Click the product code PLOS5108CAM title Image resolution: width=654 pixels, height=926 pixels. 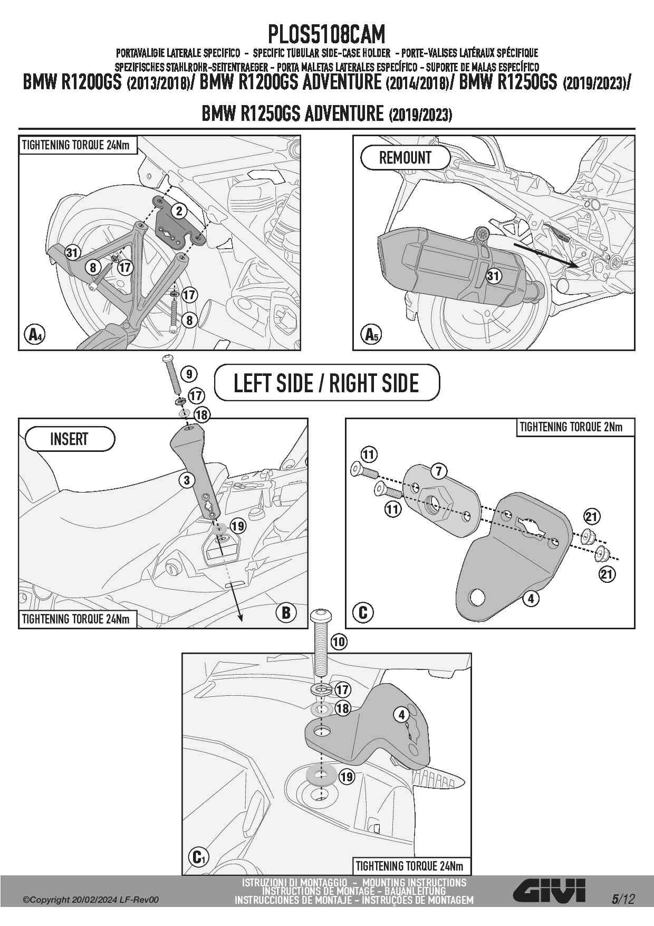tap(326, 35)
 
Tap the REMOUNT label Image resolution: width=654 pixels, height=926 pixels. tap(405, 157)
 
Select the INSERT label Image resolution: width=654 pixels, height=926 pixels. tap(69, 439)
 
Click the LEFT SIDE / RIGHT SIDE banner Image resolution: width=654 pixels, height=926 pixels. tap(326, 383)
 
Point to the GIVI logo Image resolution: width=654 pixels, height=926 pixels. tap(549, 891)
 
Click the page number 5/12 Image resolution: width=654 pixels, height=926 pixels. tap(623, 899)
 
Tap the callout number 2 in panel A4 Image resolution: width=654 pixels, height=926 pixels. tap(179, 211)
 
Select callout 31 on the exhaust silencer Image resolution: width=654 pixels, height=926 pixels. tap(493, 276)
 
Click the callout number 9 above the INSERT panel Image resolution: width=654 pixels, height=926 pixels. tap(189, 374)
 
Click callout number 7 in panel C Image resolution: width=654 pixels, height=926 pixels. tap(439, 471)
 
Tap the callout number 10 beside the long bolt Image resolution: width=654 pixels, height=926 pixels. tap(339, 642)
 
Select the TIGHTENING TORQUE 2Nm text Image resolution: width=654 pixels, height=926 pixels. tap(571, 427)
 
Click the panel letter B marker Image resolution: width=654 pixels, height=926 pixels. tap(286, 612)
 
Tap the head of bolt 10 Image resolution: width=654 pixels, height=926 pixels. tap(320, 615)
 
